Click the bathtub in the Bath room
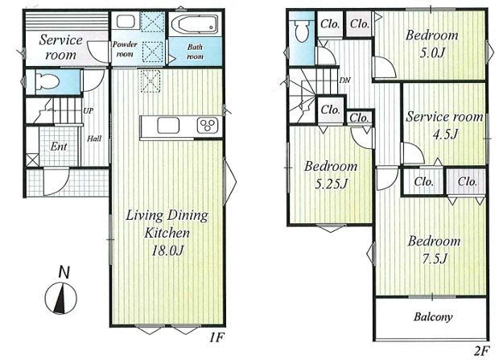click(195, 24)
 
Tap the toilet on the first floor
click(47, 81)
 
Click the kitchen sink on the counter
click(168, 125)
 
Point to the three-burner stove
click(208, 125)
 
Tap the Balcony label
click(433, 317)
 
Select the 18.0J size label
click(167, 250)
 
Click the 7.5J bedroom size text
click(435, 259)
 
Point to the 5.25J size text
click(331, 184)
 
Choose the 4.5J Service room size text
click(445, 134)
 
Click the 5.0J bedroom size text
click(432, 52)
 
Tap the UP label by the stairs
click(89, 111)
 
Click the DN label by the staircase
click(344, 80)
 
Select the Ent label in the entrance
click(59, 147)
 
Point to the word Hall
click(94, 139)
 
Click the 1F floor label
click(216, 337)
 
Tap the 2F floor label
click(481, 350)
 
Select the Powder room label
click(125, 49)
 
